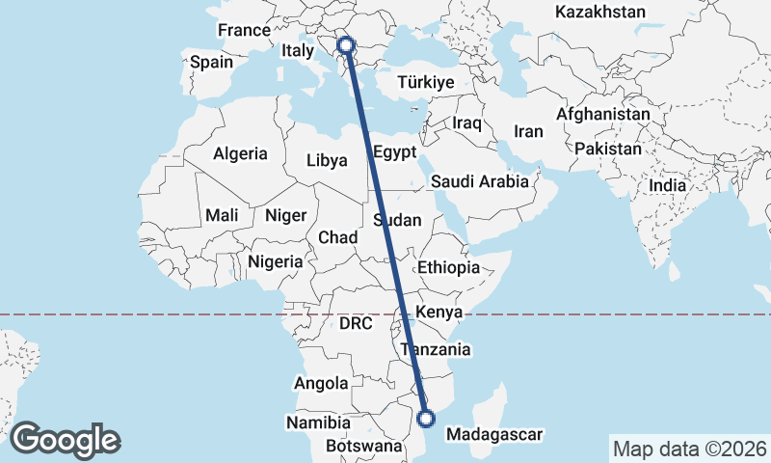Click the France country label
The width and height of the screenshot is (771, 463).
click(244, 30)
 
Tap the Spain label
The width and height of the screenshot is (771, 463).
click(211, 62)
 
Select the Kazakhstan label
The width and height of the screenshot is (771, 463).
click(600, 12)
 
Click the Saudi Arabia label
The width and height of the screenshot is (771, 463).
click(480, 180)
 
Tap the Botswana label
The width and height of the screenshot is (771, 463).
click(363, 447)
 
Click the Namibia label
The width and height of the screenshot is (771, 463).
click(318, 422)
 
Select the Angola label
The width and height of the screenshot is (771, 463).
click(321, 383)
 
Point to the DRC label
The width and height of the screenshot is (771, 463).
click(356, 324)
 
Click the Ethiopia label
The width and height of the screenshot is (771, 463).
click(449, 267)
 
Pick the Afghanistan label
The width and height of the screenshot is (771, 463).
click(602, 113)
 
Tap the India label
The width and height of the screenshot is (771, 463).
click(667, 185)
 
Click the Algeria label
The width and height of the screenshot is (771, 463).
click(240, 153)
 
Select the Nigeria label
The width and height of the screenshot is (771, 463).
click(276, 260)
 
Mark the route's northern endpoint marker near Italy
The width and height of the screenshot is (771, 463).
click(346, 44)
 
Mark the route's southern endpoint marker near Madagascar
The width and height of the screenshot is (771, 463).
click(427, 418)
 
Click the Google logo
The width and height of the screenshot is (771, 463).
click(65, 440)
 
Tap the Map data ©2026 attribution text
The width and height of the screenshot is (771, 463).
click(689, 449)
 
